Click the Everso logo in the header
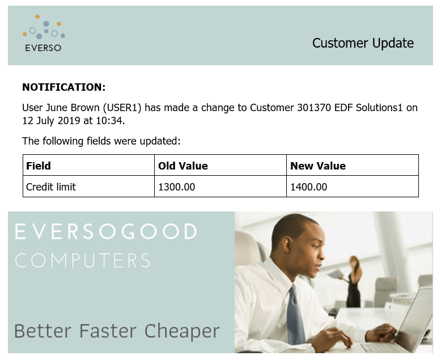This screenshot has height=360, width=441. point(44,33)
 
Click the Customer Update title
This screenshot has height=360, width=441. point(363,43)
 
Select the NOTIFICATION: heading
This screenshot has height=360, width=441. point(64,87)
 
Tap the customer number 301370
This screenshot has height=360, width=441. point(314,108)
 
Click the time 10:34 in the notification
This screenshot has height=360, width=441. point(109,121)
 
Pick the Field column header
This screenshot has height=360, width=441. point(38,166)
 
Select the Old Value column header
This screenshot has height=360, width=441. point(183,166)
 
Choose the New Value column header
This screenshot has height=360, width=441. point(318,166)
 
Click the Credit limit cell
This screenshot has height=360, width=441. point(51,187)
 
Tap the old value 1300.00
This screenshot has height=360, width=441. point(177,187)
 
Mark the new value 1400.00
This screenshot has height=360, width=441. point(308,187)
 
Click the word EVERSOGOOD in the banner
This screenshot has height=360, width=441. point(106,231)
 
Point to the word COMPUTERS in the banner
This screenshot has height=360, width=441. point(82,260)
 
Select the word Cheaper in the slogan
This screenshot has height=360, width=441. point(182,331)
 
